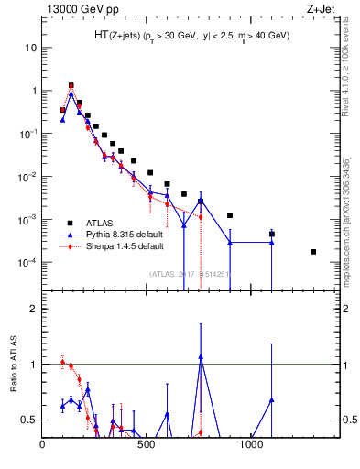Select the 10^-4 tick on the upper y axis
coord(28,263)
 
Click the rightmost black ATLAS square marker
coord(313,252)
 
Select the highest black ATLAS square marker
coord(71,85)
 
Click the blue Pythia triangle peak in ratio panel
coord(201,357)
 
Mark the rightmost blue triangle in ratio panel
coord(271,400)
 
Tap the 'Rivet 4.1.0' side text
coord(345,73)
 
